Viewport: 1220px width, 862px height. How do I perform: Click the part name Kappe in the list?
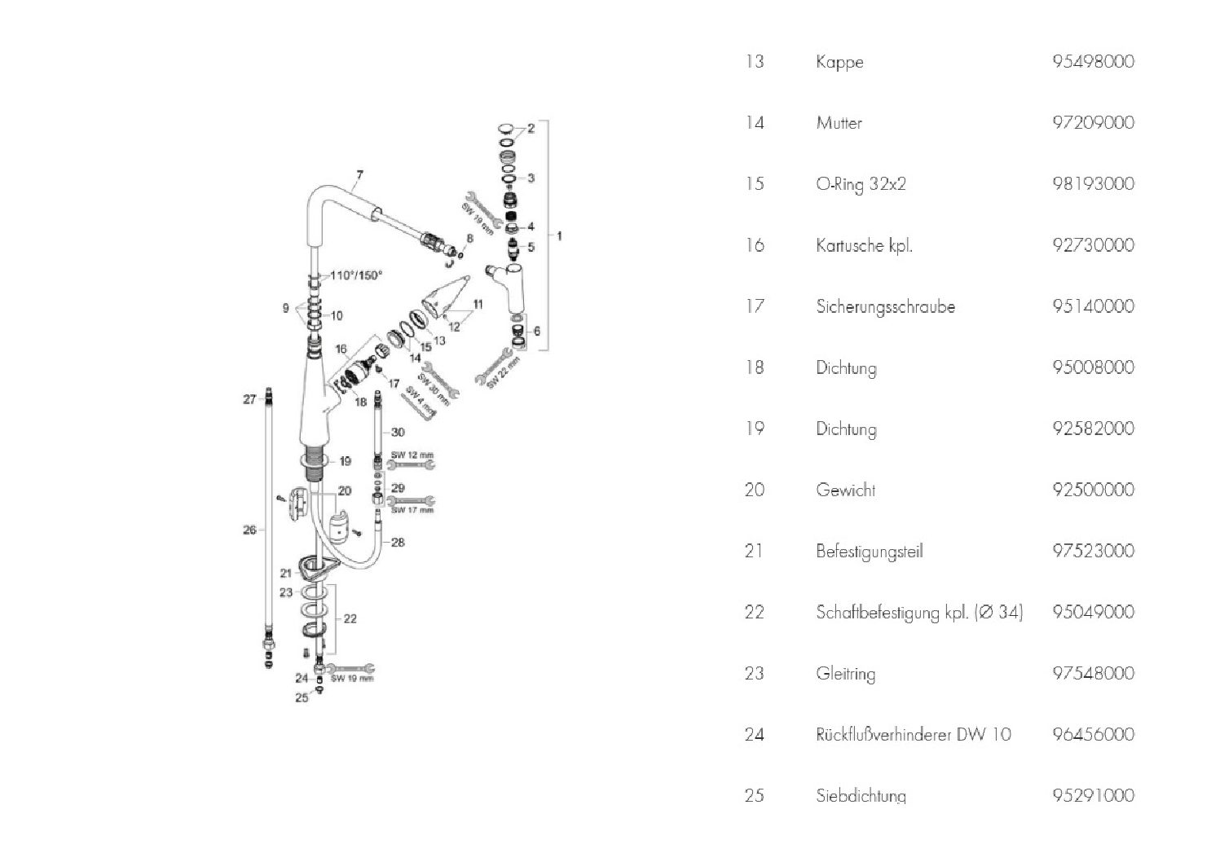(839, 62)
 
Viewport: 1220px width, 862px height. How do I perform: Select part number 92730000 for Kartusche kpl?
(1093, 245)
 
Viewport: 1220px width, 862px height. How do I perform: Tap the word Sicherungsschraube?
(885, 307)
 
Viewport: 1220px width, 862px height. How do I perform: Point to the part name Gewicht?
(846, 490)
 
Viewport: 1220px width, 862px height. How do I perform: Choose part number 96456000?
(1093, 735)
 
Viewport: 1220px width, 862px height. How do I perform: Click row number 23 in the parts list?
(754, 674)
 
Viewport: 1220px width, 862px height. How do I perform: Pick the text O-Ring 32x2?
(861, 184)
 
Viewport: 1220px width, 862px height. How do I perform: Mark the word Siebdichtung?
(861, 795)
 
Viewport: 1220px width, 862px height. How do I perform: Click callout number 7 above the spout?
(359, 174)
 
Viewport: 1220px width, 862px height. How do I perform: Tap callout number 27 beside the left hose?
(249, 399)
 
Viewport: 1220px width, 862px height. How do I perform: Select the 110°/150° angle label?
(356, 275)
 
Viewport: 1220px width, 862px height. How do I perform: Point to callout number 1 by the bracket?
(559, 235)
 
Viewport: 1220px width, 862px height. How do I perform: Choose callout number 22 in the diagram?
(350, 619)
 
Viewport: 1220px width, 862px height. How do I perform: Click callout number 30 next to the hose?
(398, 432)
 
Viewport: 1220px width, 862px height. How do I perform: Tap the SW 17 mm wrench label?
(412, 511)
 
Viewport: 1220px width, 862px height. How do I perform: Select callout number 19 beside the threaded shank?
(345, 462)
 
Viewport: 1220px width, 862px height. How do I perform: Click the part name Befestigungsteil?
(869, 552)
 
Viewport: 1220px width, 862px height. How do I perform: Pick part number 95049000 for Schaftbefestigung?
(1093, 613)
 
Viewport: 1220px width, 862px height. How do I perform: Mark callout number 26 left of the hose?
(249, 530)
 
